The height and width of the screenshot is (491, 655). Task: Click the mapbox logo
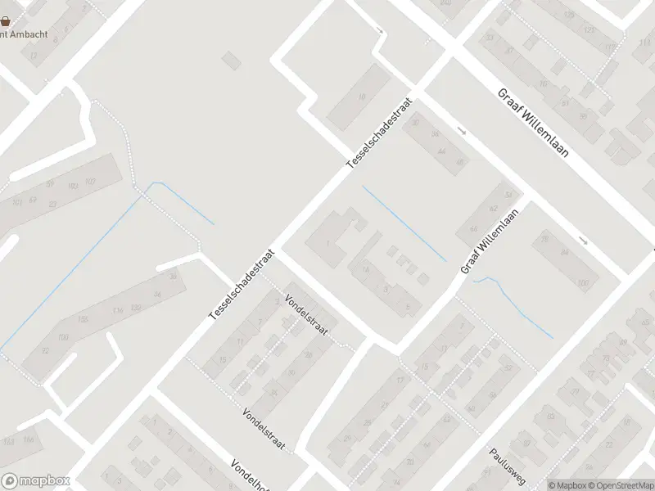point(35,481)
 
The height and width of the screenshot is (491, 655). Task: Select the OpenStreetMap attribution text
point(620,485)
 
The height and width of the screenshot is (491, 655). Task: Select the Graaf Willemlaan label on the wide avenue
point(533,124)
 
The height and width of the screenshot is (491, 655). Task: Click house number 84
point(564,253)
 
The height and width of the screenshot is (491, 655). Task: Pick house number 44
point(441,151)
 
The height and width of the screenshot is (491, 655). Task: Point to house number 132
point(136,307)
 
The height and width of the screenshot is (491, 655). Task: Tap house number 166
point(29,440)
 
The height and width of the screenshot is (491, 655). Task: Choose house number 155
point(83,319)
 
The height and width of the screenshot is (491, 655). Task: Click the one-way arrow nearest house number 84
point(583,241)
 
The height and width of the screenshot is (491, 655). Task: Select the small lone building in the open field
point(232,60)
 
